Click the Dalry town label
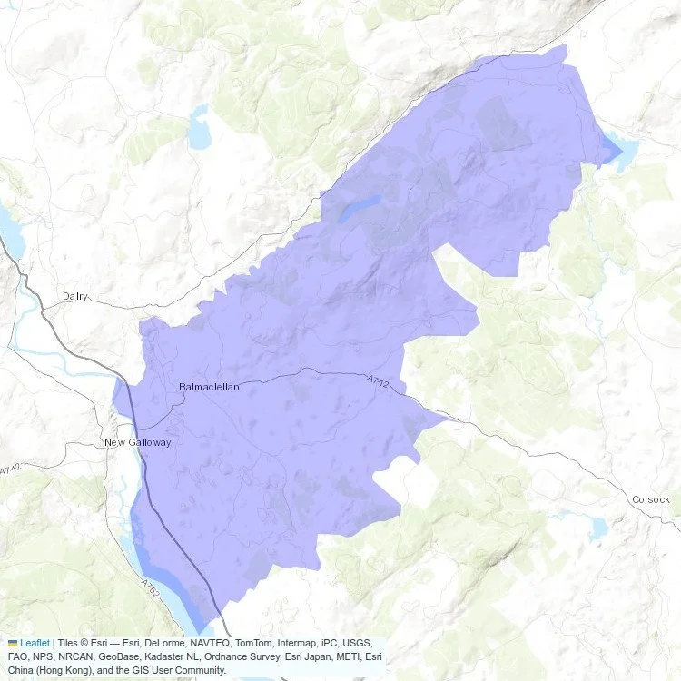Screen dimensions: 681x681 pyautogui.click(x=75, y=296)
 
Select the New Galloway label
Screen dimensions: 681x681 pyautogui.click(x=137, y=442)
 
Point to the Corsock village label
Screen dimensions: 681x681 pyautogui.click(x=650, y=499)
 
